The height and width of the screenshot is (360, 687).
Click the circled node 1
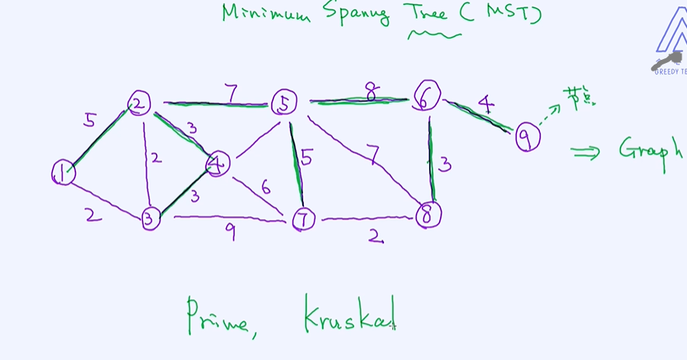(x=63, y=173)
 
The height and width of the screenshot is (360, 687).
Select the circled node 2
(x=140, y=103)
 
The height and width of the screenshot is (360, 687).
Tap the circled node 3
(x=150, y=218)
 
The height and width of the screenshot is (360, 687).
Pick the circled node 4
(x=218, y=163)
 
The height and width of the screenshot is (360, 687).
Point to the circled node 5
(x=284, y=103)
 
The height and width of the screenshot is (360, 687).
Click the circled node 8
(x=427, y=215)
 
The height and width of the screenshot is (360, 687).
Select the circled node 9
(x=527, y=138)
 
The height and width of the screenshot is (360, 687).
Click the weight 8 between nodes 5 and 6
(x=372, y=93)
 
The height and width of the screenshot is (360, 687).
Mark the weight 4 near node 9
(x=486, y=103)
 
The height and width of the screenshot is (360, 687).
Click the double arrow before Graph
(x=585, y=152)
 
